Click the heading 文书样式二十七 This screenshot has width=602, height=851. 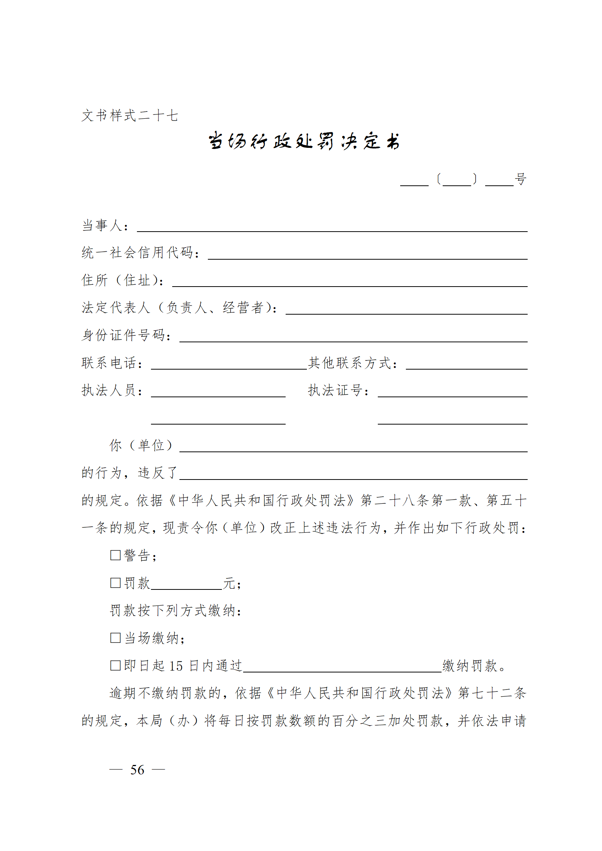point(130,116)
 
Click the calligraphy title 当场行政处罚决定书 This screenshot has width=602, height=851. point(303,141)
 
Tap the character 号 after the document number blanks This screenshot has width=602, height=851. point(520,179)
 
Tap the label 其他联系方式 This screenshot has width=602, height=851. point(350,363)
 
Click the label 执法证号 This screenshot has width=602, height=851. point(335,390)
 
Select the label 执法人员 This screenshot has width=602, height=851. point(109,390)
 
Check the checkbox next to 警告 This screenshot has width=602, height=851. point(115,555)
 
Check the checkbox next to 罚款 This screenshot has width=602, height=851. point(115,583)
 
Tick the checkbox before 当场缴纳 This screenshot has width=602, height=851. point(115,638)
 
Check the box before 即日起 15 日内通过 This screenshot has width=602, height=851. point(115,665)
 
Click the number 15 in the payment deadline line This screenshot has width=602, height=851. point(176,666)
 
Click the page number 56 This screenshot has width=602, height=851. point(137,770)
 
